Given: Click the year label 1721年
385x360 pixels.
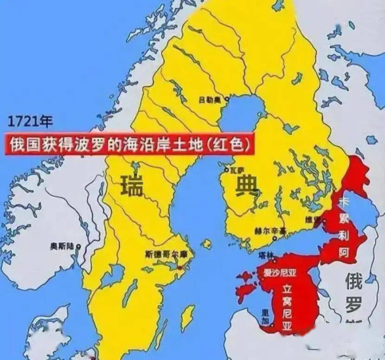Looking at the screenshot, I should [30, 122].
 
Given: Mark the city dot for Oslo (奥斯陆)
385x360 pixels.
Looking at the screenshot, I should [79, 246].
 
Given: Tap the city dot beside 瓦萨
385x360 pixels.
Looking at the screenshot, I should [227, 170].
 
